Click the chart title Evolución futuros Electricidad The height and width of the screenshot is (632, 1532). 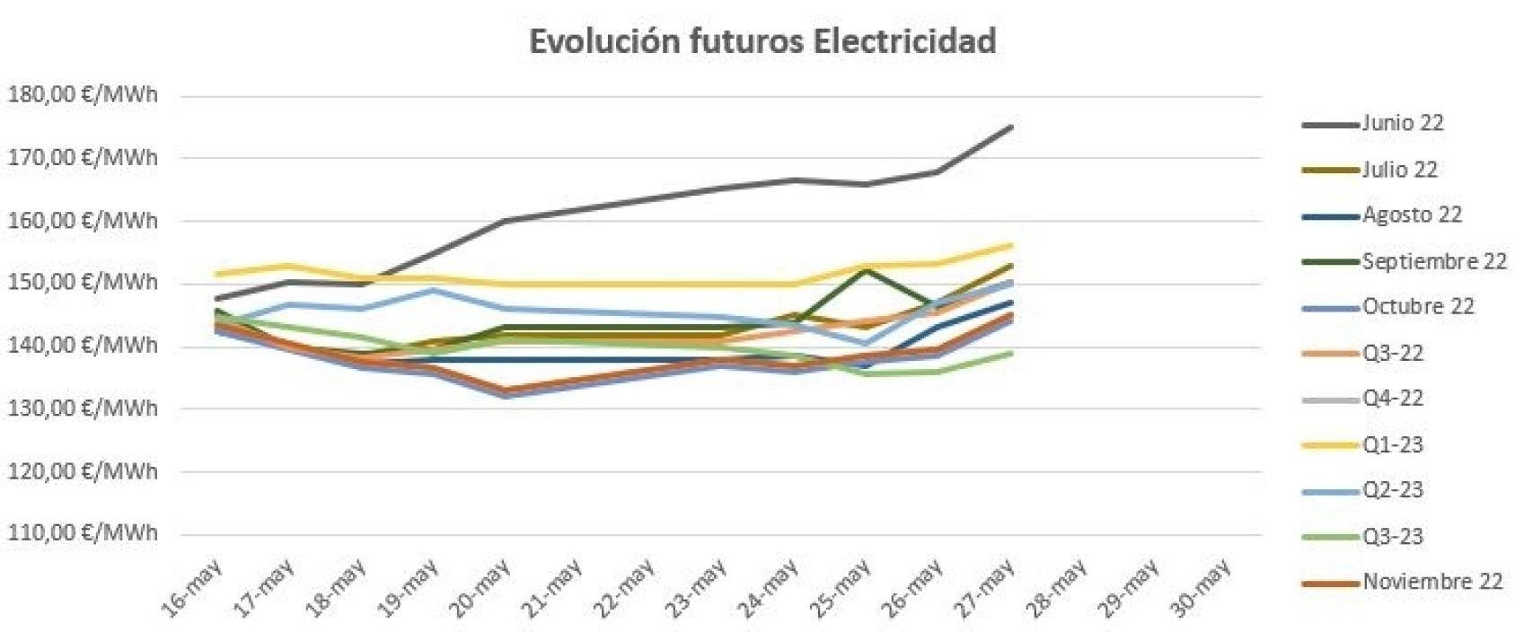point(762,41)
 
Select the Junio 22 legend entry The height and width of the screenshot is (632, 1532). point(1402,123)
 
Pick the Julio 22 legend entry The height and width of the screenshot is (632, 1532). point(1399,169)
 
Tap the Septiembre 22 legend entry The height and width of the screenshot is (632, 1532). point(1433,261)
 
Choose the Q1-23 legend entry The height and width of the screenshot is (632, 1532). point(1393,444)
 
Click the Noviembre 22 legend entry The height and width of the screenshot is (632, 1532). point(1431,582)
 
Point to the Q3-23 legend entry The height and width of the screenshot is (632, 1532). point(1393,536)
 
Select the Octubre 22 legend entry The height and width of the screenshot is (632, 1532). point(1418,306)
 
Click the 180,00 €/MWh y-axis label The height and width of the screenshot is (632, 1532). point(83,95)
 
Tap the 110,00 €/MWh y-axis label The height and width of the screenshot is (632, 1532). point(83,532)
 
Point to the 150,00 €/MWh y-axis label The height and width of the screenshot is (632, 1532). point(83,283)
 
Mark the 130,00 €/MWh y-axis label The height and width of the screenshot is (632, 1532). point(83,408)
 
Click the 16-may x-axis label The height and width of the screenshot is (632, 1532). point(193,586)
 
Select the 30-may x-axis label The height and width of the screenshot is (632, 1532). point(1202,586)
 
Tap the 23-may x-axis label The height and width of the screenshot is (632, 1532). point(697,586)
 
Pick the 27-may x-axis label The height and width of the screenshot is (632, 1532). point(985,586)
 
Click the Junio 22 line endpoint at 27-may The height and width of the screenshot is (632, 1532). point(1012,127)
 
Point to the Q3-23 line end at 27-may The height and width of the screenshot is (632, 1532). point(1012,353)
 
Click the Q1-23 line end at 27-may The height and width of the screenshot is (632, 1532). point(1012,244)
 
